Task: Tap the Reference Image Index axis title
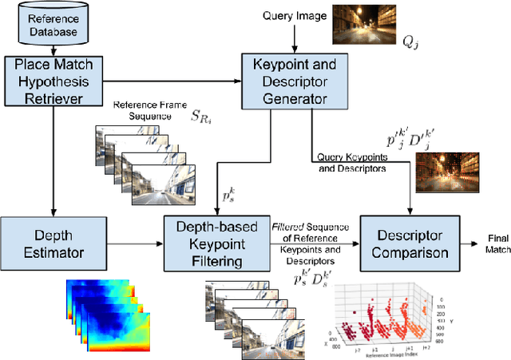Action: (x=393, y=353)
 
